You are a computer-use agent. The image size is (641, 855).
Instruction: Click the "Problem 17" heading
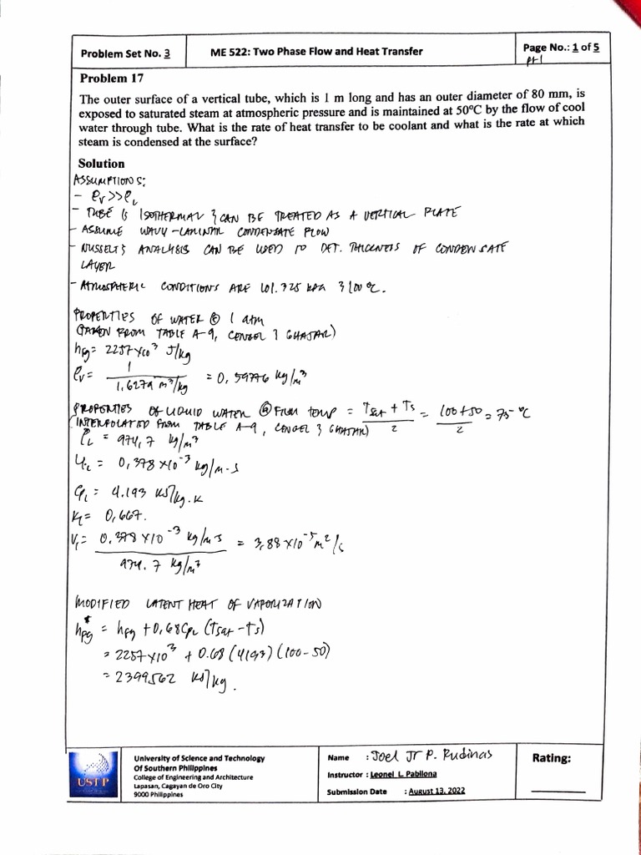pos(112,79)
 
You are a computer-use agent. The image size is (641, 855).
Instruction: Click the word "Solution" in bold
pos(101,164)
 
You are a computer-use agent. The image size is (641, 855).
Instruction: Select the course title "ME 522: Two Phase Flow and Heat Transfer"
pos(317,52)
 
